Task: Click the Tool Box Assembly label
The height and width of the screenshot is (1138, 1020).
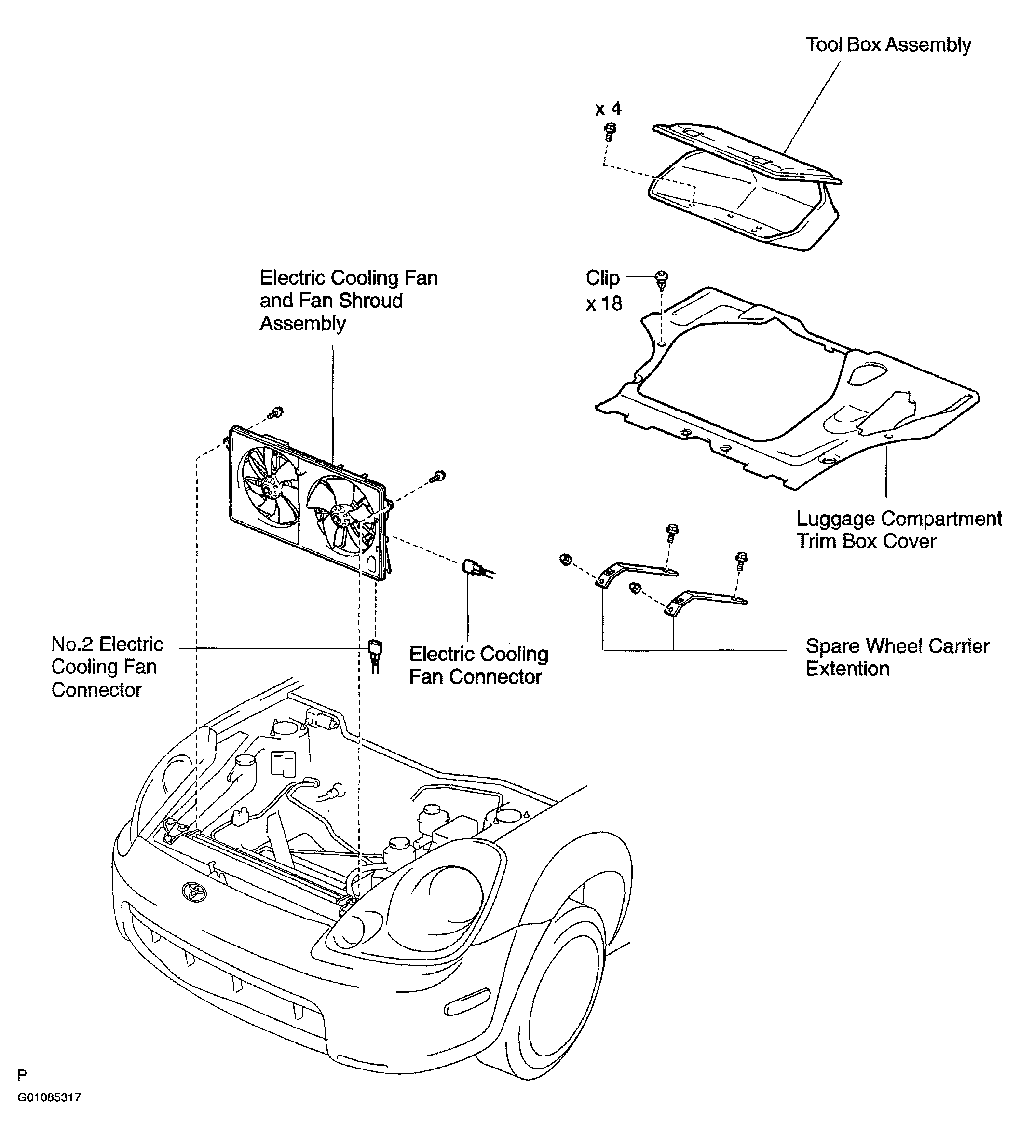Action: tap(888, 45)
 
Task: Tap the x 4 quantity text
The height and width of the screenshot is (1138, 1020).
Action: tap(608, 108)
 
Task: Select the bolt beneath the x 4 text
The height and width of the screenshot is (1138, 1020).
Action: tap(610, 131)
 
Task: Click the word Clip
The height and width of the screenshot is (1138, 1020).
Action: tap(602, 277)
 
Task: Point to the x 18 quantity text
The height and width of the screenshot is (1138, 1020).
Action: tap(604, 303)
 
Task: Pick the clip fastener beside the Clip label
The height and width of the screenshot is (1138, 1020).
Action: tap(661, 279)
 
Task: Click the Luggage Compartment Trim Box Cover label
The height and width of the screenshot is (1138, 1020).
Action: tap(899, 530)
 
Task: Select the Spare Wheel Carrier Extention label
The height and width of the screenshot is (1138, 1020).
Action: tap(898, 657)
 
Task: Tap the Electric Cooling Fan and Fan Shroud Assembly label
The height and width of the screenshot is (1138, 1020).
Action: tap(349, 301)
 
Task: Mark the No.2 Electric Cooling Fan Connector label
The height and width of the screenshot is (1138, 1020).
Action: tap(107, 667)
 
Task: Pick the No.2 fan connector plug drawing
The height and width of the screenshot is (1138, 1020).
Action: tap(374, 653)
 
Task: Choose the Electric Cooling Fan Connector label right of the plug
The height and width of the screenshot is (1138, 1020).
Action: tap(478, 665)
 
